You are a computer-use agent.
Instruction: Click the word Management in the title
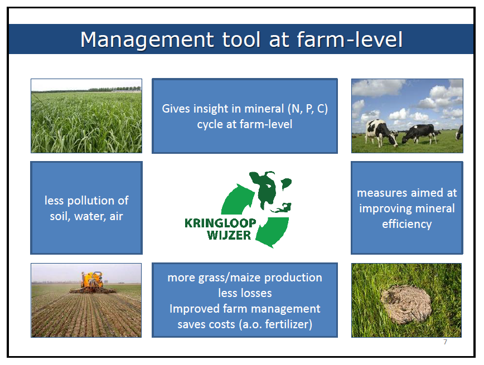tap(147, 40)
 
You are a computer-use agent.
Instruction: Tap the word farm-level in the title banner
tap(350, 39)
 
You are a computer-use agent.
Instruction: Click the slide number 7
tap(445, 342)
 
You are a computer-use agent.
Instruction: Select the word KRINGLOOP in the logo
tap(220, 223)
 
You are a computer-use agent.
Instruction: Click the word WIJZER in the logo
tap(229, 235)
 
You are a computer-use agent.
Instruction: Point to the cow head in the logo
tap(269, 191)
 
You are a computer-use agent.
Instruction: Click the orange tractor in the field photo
tap(92, 283)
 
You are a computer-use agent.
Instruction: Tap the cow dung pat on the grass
tap(405, 303)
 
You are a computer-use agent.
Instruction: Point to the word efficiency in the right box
tap(407, 224)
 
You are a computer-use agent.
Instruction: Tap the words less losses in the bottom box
tap(245, 293)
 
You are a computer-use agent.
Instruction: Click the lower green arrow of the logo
tap(272, 232)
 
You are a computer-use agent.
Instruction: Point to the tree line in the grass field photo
tap(87, 90)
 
